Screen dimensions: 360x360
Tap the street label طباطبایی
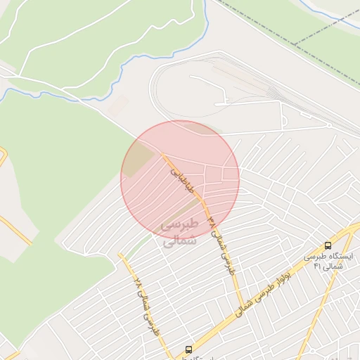pos(180,176)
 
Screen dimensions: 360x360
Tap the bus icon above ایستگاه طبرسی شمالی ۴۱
pos(328,245)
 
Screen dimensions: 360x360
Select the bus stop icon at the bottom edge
pos(188,349)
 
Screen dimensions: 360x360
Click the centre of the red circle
pos(180,180)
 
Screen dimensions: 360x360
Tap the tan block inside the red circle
pos(141,157)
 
